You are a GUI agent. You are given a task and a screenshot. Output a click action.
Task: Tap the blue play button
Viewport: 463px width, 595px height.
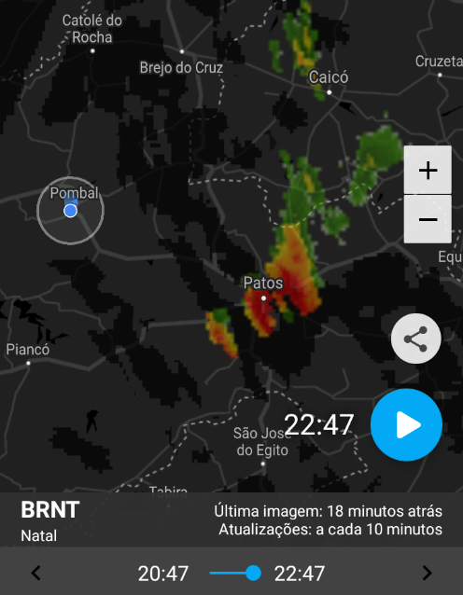pyautogui.click(x=406, y=425)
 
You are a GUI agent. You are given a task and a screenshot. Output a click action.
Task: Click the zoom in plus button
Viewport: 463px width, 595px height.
pyautogui.click(x=428, y=171)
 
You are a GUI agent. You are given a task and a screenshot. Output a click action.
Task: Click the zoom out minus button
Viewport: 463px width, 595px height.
pyautogui.click(x=428, y=219)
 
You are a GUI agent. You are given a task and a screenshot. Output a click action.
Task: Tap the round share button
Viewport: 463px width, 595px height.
pyautogui.click(x=415, y=339)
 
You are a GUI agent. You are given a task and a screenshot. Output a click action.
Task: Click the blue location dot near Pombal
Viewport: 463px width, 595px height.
pyautogui.click(x=70, y=212)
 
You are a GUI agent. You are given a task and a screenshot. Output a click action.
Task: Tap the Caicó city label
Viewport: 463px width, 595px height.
pyautogui.click(x=329, y=77)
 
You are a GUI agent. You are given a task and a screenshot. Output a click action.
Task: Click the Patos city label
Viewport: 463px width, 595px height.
pyautogui.click(x=262, y=283)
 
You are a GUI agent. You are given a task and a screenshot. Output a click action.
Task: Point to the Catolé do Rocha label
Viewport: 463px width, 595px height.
pyautogui.click(x=91, y=29)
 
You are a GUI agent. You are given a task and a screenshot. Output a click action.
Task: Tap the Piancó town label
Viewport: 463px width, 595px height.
pyautogui.click(x=28, y=350)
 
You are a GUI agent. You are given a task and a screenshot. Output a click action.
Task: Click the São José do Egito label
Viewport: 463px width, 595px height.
pyautogui.click(x=257, y=441)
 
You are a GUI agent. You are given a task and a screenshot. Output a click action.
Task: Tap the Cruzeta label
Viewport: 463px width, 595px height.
pyautogui.click(x=439, y=61)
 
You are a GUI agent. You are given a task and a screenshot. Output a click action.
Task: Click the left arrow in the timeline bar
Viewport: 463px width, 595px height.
pyautogui.click(x=36, y=573)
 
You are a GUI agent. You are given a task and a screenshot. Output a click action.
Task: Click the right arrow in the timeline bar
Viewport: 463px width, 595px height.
pyautogui.click(x=427, y=573)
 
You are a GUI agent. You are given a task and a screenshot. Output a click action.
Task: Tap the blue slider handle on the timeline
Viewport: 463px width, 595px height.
pyautogui.click(x=253, y=573)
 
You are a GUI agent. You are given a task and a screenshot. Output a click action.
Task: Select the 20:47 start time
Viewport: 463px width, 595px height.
pyautogui.click(x=163, y=573)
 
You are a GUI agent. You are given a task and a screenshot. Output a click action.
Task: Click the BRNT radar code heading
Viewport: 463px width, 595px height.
pyautogui.click(x=50, y=510)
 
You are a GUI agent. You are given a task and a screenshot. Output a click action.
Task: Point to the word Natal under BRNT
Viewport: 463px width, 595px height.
pyautogui.click(x=38, y=535)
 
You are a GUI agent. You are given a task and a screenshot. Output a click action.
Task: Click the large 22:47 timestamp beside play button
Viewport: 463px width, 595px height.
pyautogui.click(x=318, y=425)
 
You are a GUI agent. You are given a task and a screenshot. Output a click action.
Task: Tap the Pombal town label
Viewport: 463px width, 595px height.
pyautogui.click(x=74, y=193)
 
